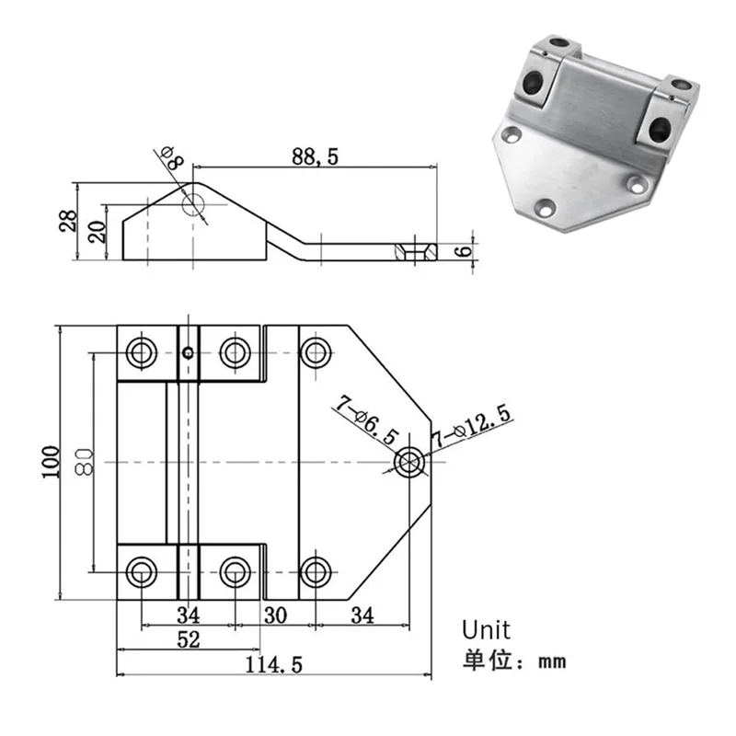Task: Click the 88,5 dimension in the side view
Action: pyautogui.click(x=316, y=157)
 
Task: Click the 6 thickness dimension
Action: pyautogui.click(x=466, y=248)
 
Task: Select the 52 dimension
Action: pyautogui.click(x=188, y=641)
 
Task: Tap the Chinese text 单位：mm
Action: pyautogui.click(x=512, y=660)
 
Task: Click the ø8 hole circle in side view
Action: pyautogui.click(x=195, y=203)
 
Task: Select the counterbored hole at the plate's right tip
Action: pyautogui.click(x=408, y=461)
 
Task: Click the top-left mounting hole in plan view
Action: pyautogui.click(x=142, y=351)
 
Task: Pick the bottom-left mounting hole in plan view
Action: pyautogui.click(x=142, y=571)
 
